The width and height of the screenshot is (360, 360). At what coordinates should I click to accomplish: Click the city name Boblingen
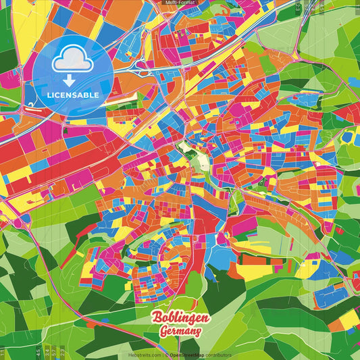coord(180,318)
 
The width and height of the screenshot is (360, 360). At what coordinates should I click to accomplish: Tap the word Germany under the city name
coord(180,332)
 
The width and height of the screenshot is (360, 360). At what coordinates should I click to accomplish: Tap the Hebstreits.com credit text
coord(145,355)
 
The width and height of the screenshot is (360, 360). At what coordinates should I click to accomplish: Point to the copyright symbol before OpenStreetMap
coord(166,355)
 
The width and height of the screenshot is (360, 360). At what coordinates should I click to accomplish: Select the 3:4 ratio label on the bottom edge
coord(45,353)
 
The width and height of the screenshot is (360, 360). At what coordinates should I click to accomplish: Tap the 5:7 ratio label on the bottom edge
coord(54,353)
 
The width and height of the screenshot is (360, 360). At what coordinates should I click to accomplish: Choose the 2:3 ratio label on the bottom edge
coord(63,353)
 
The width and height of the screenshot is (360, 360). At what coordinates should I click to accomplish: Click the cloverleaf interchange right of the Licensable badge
coord(143,65)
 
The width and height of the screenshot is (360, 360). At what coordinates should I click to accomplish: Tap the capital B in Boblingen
coord(156,318)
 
